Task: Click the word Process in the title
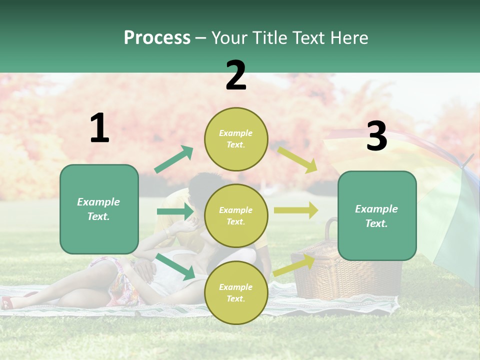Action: [x=157, y=38]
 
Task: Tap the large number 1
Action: [x=99, y=128]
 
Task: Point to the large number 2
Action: [x=236, y=75]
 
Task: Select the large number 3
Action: [x=376, y=136]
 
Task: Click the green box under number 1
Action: [x=99, y=209]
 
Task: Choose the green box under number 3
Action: [x=377, y=215]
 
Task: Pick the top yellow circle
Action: [x=236, y=139]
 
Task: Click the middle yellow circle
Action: [x=236, y=215]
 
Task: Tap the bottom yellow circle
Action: [x=236, y=292]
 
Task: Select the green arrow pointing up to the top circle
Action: [x=174, y=159]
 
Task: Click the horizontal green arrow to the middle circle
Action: [x=175, y=211]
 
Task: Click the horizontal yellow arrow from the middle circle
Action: [x=296, y=210]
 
